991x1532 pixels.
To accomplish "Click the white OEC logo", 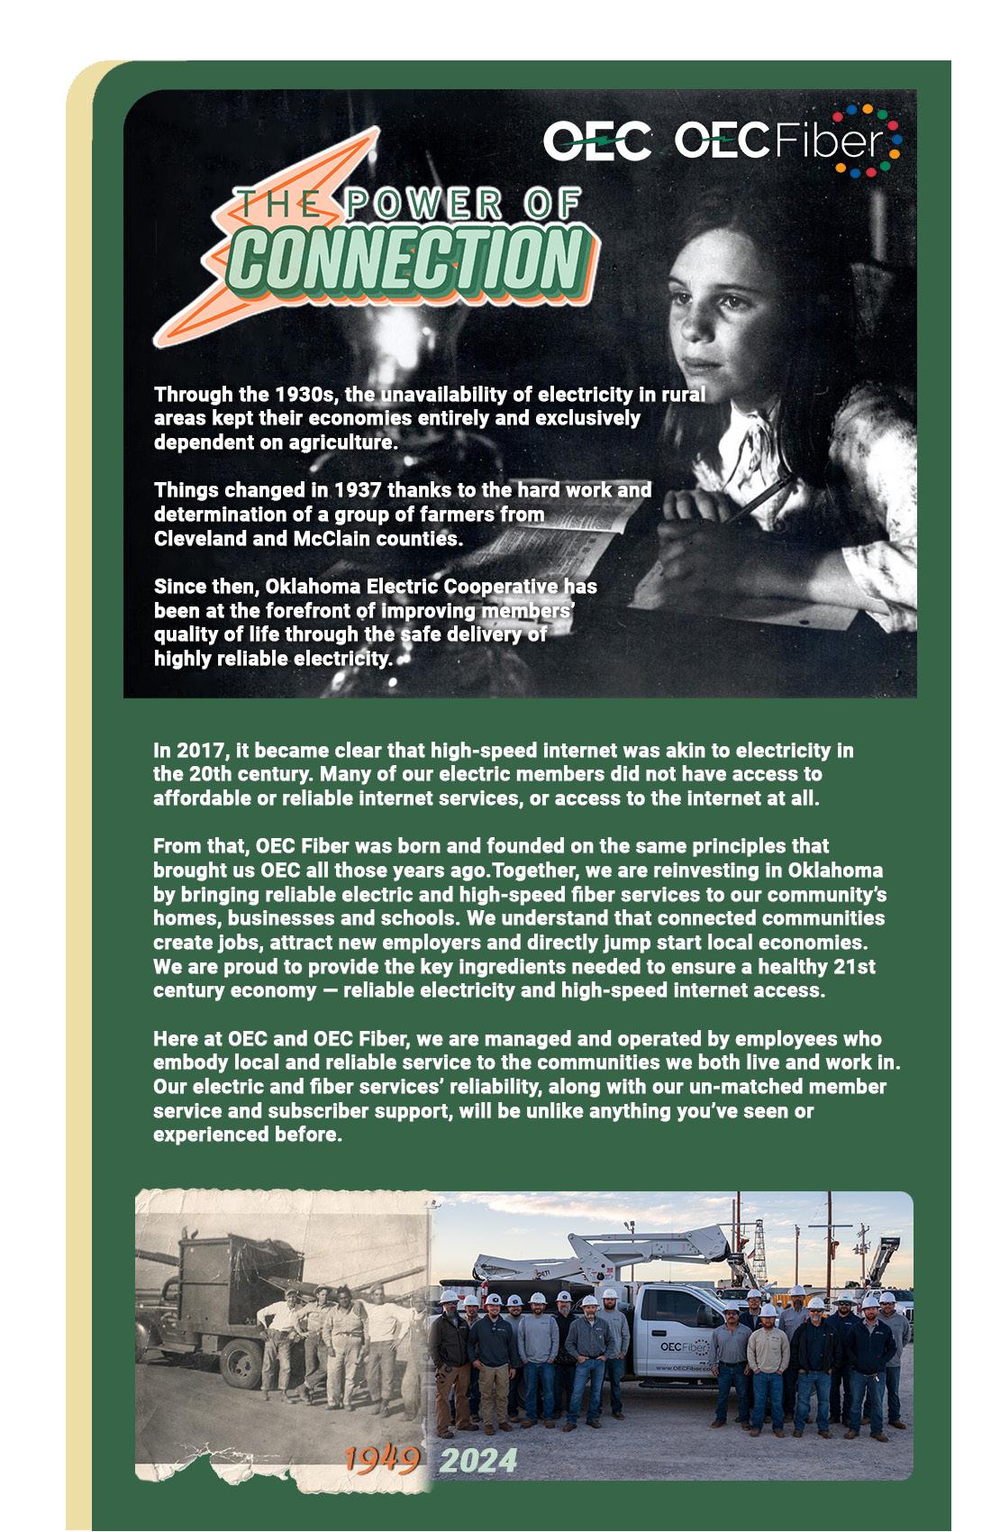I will [x=596, y=141].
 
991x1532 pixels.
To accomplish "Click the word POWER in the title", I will [x=423, y=205].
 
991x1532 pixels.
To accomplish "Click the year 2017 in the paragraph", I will [x=199, y=751].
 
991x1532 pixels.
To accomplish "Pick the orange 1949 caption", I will [x=382, y=1459].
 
